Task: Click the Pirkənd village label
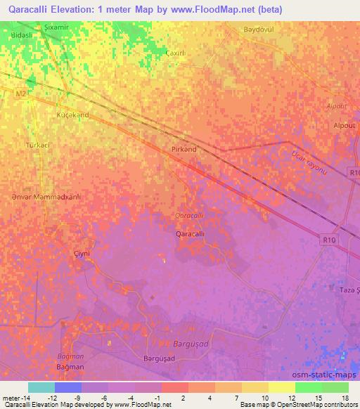click(184, 150)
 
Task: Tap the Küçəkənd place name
click(72, 114)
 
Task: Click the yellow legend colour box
click(282, 387)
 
